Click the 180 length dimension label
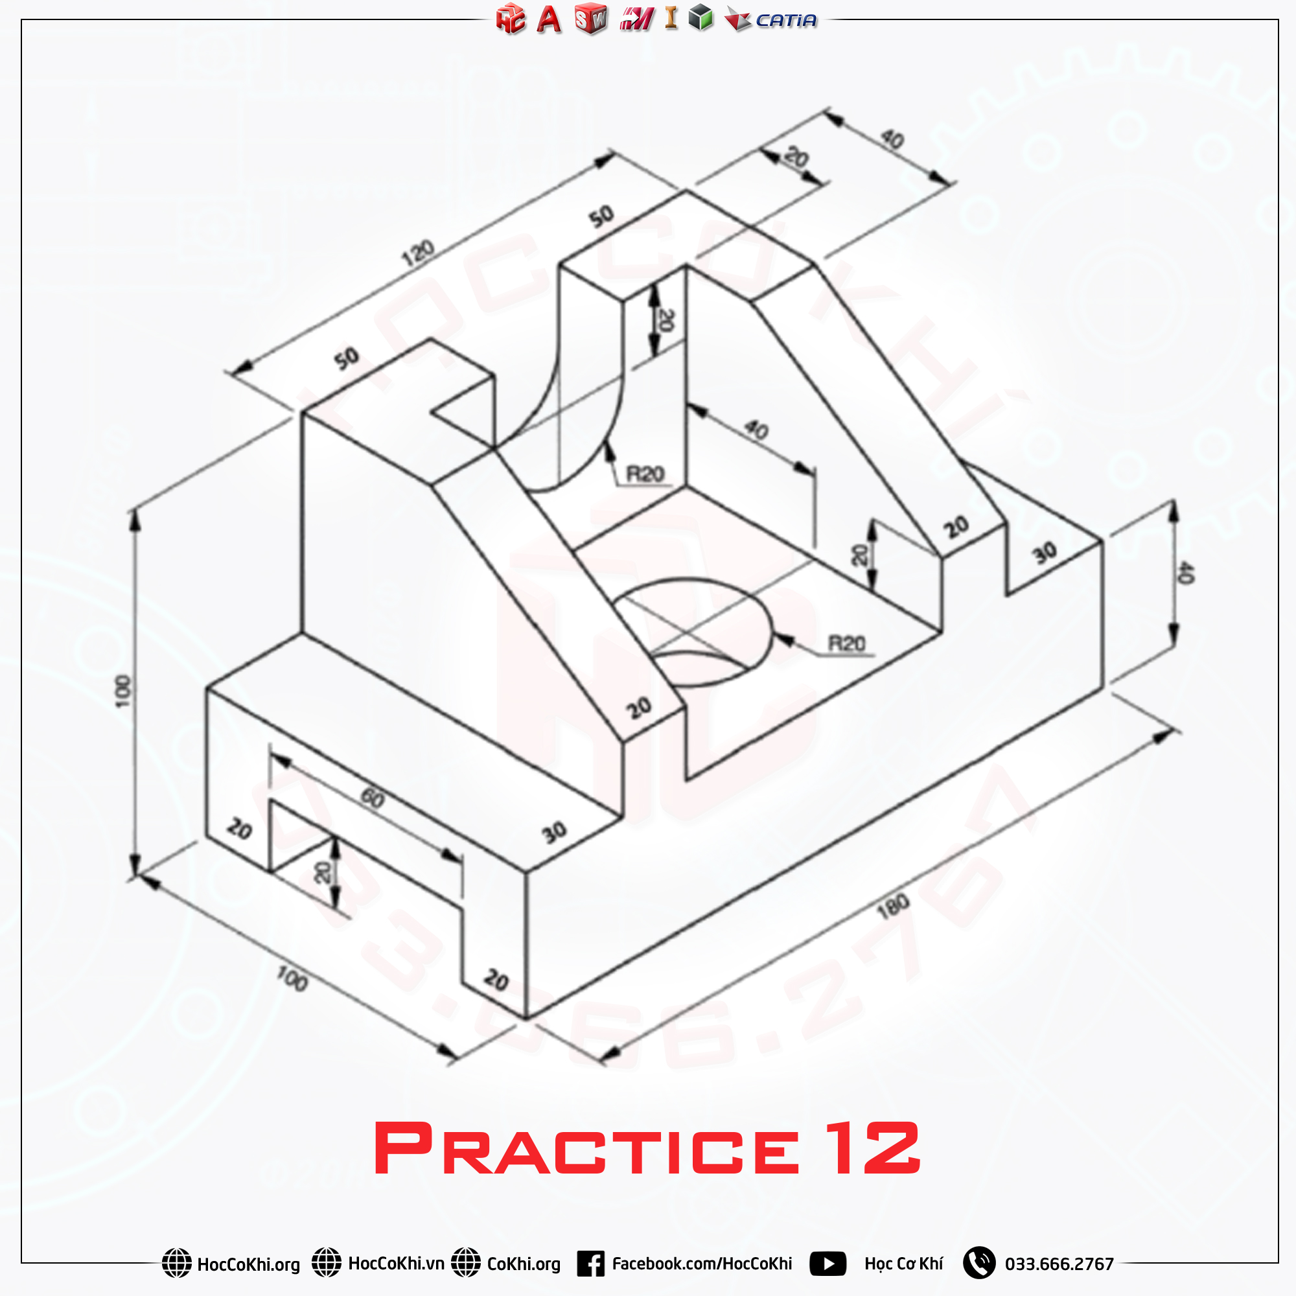click(x=893, y=907)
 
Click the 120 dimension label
click(x=418, y=253)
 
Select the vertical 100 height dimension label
click(x=122, y=691)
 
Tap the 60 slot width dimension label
click(x=373, y=798)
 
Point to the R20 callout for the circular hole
click(x=846, y=644)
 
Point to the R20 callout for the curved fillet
click(x=645, y=474)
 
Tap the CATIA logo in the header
click(x=785, y=20)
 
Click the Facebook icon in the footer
click(x=590, y=1264)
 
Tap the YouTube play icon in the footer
click(x=827, y=1264)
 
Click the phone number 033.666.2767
click(x=1059, y=1264)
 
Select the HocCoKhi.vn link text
click(x=396, y=1264)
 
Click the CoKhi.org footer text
click(x=523, y=1264)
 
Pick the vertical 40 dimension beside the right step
click(x=1185, y=573)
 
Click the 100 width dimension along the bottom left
click(x=292, y=978)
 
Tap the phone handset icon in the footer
click(x=978, y=1263)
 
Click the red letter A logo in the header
click(x=549, y=20)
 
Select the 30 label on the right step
click(x=1045, y=553)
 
